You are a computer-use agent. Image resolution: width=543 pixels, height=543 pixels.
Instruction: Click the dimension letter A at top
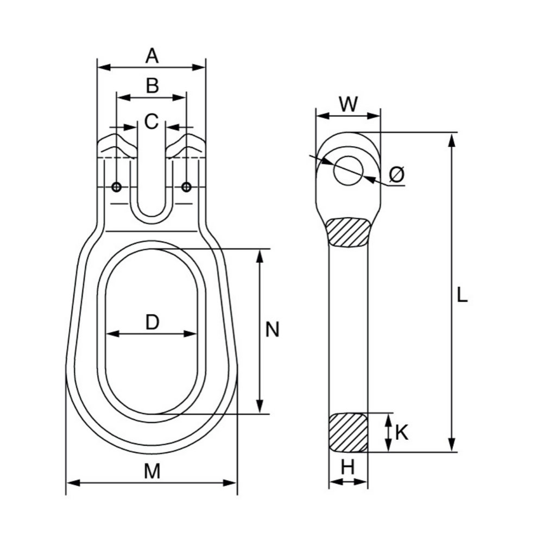(x=151, y=55)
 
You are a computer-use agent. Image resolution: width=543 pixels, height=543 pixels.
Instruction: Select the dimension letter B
(x=152, y=85)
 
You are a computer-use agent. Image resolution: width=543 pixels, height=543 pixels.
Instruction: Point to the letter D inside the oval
(x=151, y=323)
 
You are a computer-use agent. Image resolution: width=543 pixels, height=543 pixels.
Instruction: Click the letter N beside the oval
(x=273, y=330)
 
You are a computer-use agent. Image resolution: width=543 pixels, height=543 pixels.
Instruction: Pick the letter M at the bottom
(x=152, y=471)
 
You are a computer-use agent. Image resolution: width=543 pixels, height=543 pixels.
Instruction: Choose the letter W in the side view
(x=348, y=104)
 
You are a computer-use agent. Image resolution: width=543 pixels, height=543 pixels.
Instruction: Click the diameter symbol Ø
(x=397, y=175)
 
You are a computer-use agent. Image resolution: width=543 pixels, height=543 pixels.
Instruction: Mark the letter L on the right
(x=462, y=296)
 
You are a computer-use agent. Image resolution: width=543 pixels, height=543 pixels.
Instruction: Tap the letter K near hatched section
(x=402, y=432)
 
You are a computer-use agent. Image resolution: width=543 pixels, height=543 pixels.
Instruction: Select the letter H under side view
(x=349, y=468)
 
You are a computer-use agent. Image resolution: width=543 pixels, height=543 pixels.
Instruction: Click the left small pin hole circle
(x=116, y=187)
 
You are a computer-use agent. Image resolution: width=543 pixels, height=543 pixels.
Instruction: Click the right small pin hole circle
(x=187, y=187)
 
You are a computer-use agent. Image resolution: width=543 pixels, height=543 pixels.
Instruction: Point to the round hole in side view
(x=349, y=170)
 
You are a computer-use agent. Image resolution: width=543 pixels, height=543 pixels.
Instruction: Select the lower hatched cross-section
(x=349, y=432)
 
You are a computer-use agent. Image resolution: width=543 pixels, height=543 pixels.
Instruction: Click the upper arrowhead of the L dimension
(x=451, y=138)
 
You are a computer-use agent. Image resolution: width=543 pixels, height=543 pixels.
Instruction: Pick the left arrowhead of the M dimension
(x=71, y=482)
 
